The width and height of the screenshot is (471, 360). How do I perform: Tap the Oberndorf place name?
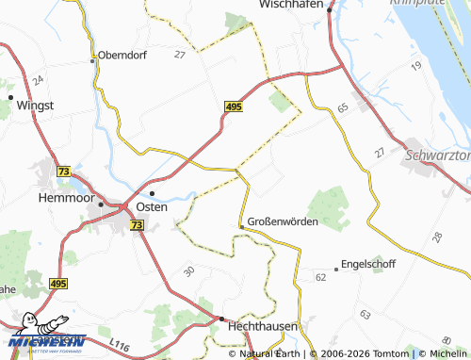coord(124,55)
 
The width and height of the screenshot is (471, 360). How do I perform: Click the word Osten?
coord(152,206)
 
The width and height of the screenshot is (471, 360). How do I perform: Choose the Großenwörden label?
coord(284,222)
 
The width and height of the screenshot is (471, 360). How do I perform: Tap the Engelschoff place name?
coord(369,265)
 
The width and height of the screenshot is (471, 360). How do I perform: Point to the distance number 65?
coord(342,109)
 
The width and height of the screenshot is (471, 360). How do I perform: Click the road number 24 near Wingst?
coord(37,81)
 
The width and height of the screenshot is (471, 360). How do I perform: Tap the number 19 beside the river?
coord(415,66)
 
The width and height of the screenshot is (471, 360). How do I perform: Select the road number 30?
coord(189,270)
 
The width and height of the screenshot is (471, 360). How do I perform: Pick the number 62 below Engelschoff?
coord(320,277)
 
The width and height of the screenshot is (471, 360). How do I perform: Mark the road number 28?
coord(437,237)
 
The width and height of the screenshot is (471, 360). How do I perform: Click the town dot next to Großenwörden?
coord(242,227)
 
